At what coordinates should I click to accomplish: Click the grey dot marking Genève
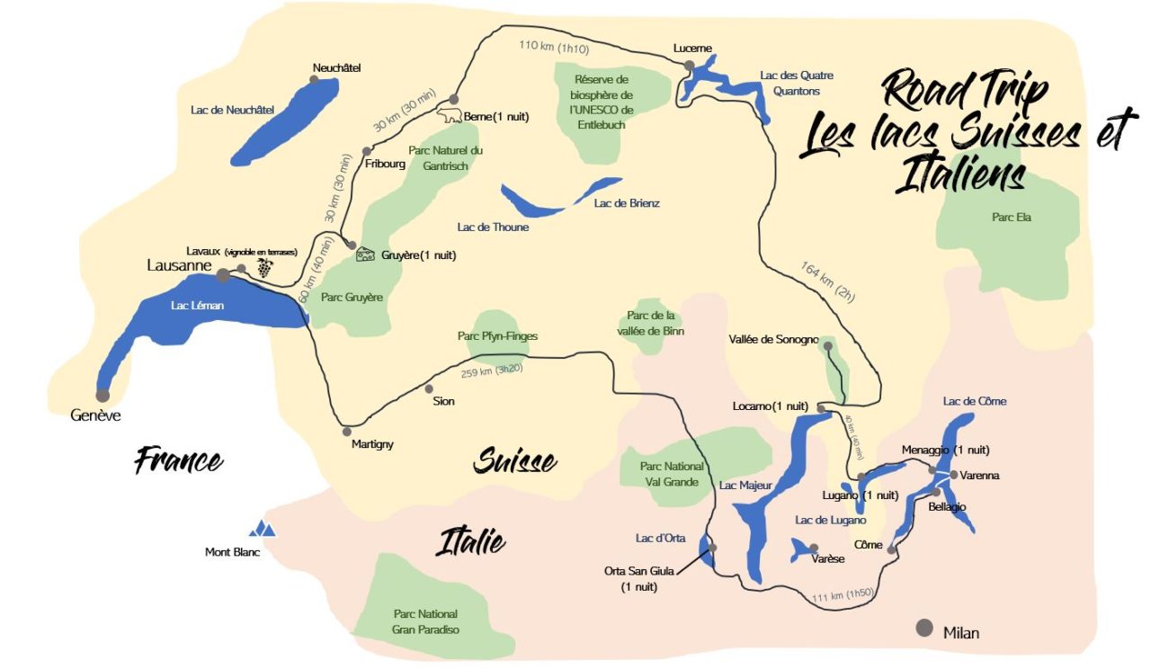103,395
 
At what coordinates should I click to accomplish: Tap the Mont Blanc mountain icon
263,529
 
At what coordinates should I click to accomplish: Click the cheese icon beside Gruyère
366,254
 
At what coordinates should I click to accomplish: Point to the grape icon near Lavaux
264,267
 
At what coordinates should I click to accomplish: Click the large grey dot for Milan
923,629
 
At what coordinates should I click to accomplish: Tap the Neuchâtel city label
336,67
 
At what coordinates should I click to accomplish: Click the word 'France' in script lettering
178,460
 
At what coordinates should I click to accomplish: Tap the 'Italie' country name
470,542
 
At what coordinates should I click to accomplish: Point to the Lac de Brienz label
627,203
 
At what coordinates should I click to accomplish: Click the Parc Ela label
1012,217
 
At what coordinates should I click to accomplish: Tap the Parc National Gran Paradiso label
425,621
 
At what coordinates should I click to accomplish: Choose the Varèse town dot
814,548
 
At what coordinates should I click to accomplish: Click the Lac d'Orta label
661,538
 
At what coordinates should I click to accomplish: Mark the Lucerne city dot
689,66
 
